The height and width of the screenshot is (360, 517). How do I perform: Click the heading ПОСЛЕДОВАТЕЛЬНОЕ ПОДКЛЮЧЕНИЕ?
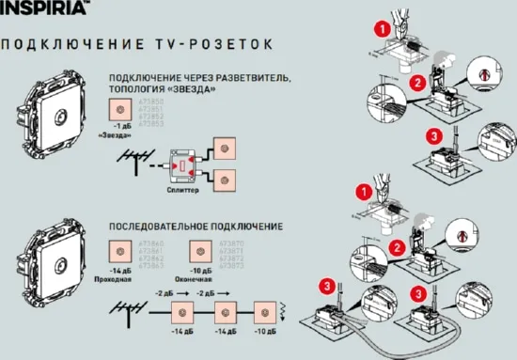(196, 227)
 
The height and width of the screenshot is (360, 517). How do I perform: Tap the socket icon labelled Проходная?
(120, 252)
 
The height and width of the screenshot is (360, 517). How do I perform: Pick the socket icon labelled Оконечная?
(199, 252)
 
